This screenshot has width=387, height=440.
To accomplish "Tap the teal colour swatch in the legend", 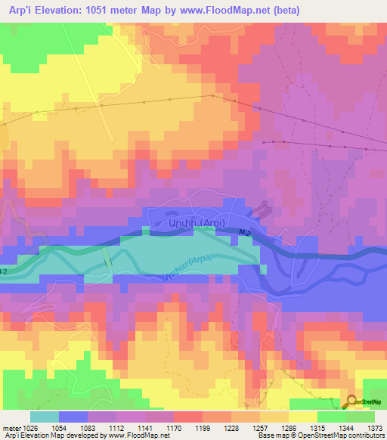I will coord(45,417).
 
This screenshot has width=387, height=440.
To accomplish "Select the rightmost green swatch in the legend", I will coord(361,417).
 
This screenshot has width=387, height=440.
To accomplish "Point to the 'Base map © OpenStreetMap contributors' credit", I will coord(321,435).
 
